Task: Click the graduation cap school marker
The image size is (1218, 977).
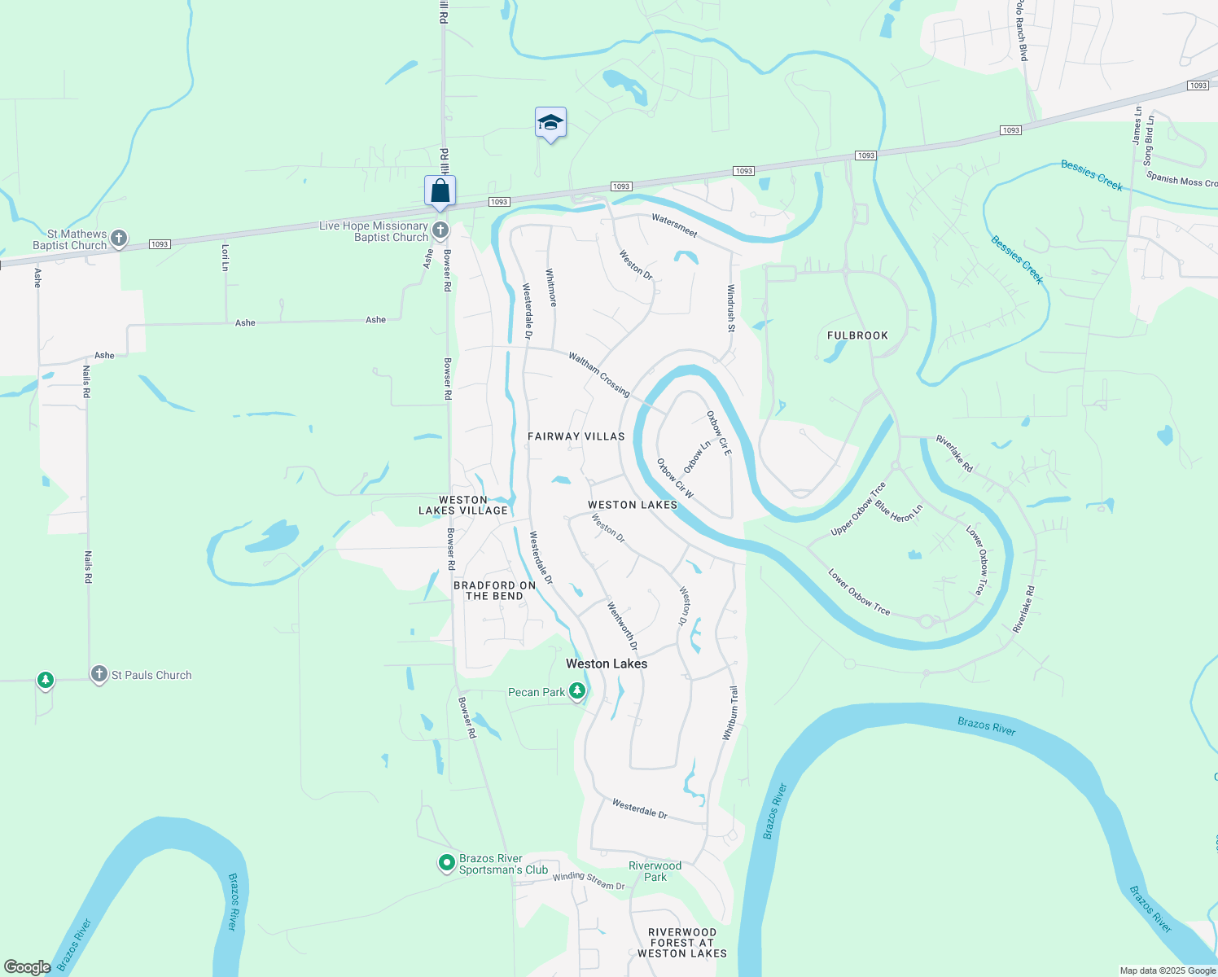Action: point(550,123)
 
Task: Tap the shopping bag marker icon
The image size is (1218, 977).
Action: point(440,191)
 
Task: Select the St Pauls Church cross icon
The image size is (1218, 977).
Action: point(99,674)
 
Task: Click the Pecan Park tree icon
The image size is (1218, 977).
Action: point(577,691)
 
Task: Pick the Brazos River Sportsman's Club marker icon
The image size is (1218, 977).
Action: point(446,862)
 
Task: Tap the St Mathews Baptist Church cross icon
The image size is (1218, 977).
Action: point(119,239)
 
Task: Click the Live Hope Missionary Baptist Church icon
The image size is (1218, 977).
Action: point(440,230)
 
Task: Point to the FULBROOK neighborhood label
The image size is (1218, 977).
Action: point(857,335)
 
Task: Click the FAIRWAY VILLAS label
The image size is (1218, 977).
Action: point(576,436)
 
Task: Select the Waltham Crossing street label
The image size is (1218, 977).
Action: point(599,375)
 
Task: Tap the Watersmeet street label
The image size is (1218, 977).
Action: point(674,225)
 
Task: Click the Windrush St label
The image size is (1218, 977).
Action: point(731,308)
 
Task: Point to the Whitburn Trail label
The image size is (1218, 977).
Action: point(730,713)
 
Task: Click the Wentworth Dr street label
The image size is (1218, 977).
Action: point(623,626)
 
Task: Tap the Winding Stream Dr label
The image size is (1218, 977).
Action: point(589,881)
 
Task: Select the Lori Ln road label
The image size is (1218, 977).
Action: point(226,257)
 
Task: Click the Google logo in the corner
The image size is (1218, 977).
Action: point(27,967)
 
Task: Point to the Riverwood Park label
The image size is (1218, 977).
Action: point(655,871)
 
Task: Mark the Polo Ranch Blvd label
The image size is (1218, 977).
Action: point(1022,31)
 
